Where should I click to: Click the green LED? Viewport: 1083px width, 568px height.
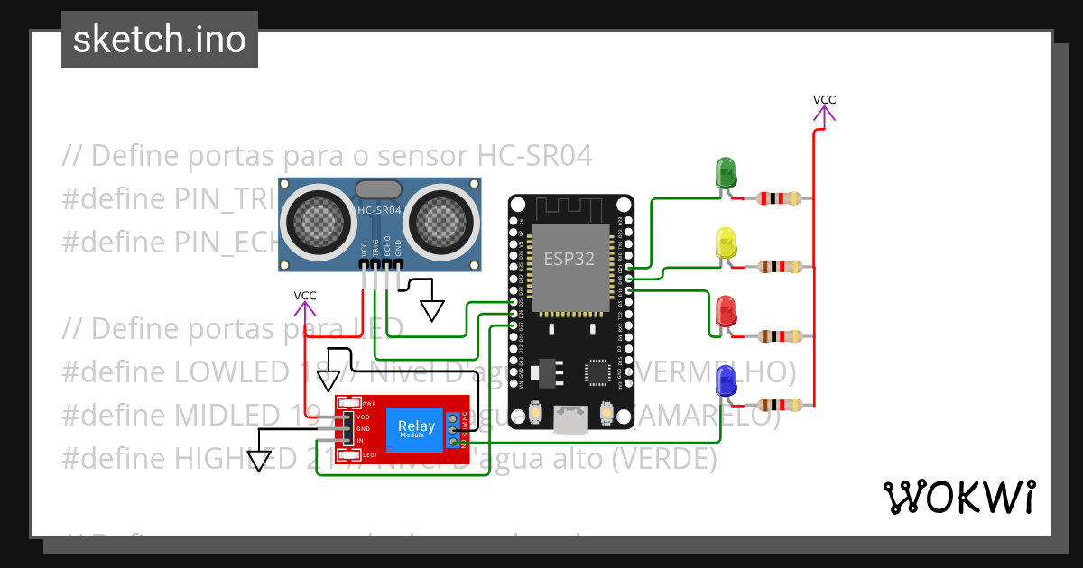pyautogui.click(x=726, y=172)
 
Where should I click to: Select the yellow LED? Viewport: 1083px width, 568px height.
pyautogui.click(x=726, y=243)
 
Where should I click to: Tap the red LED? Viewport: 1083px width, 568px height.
pyautogui.click(x=726, y=311)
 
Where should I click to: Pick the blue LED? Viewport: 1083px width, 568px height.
pyautogui.click(x=726, y=381)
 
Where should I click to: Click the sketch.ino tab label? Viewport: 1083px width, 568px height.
pyautogui.click(x=160, y=40)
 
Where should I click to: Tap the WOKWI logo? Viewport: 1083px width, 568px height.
pyautogui.click(x=958, y=497)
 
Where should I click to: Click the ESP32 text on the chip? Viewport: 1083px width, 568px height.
pyautogui.click(x=569, y=259)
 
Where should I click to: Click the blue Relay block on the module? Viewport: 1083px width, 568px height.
pyautogui.click(x=415, y=429)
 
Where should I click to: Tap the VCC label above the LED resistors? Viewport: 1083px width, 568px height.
pyautogui.click(x=824, y=100)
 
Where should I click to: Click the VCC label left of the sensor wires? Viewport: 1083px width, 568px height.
pyautogui.click(x=305, y=296)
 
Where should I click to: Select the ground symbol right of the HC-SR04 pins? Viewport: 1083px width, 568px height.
pyautogui.click(x=432, y=309)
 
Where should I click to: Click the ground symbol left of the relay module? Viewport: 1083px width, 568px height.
pyautogui.click(x=260, y=460)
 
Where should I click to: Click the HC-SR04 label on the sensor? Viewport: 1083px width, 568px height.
pyautogui.click(x=379, y=210)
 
